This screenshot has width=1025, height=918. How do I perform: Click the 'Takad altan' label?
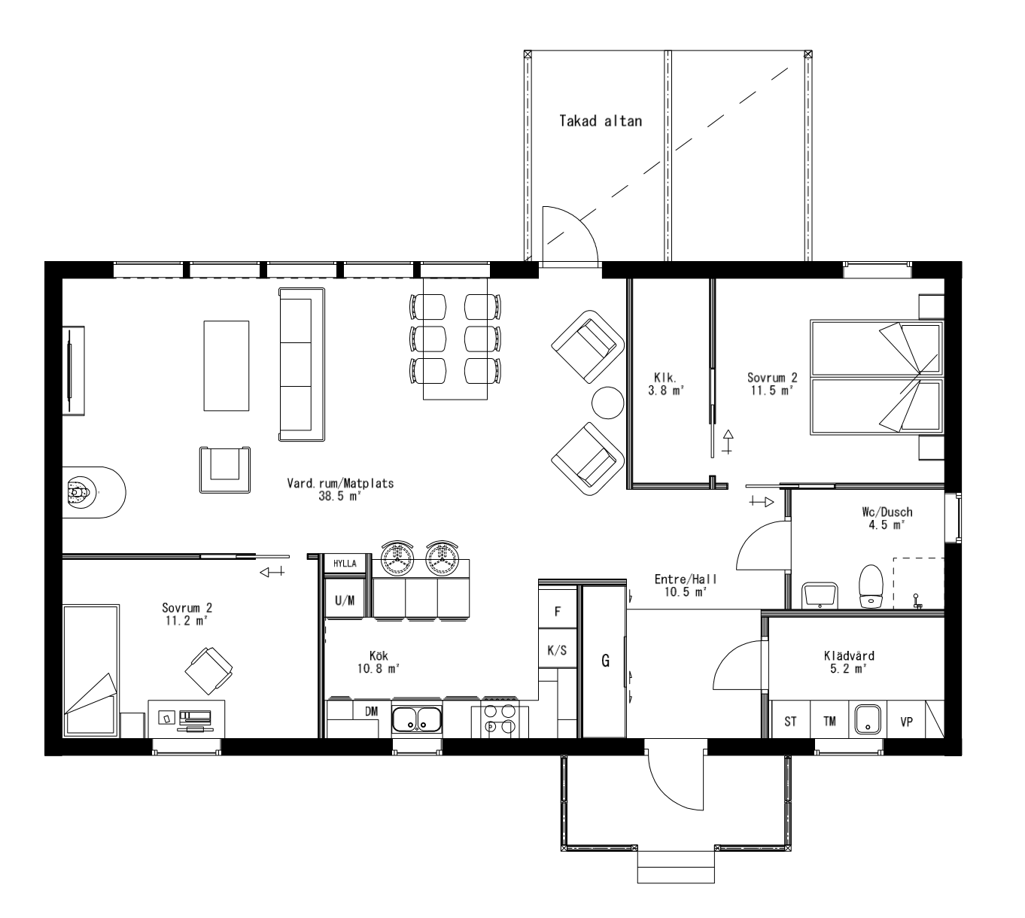[600, 120]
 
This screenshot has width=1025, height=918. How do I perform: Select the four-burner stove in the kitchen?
[499, 719]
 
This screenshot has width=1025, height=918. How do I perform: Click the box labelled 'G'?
[605, 661]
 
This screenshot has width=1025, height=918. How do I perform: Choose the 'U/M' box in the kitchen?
[345, 600]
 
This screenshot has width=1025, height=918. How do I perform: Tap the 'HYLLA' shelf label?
[345, 563]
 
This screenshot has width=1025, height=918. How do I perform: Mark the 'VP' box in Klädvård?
[906, 722]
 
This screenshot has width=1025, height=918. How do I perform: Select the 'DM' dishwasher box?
[371, 711]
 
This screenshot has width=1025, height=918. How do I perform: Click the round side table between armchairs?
[607, 403]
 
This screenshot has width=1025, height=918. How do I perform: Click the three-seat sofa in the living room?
[301, 364]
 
